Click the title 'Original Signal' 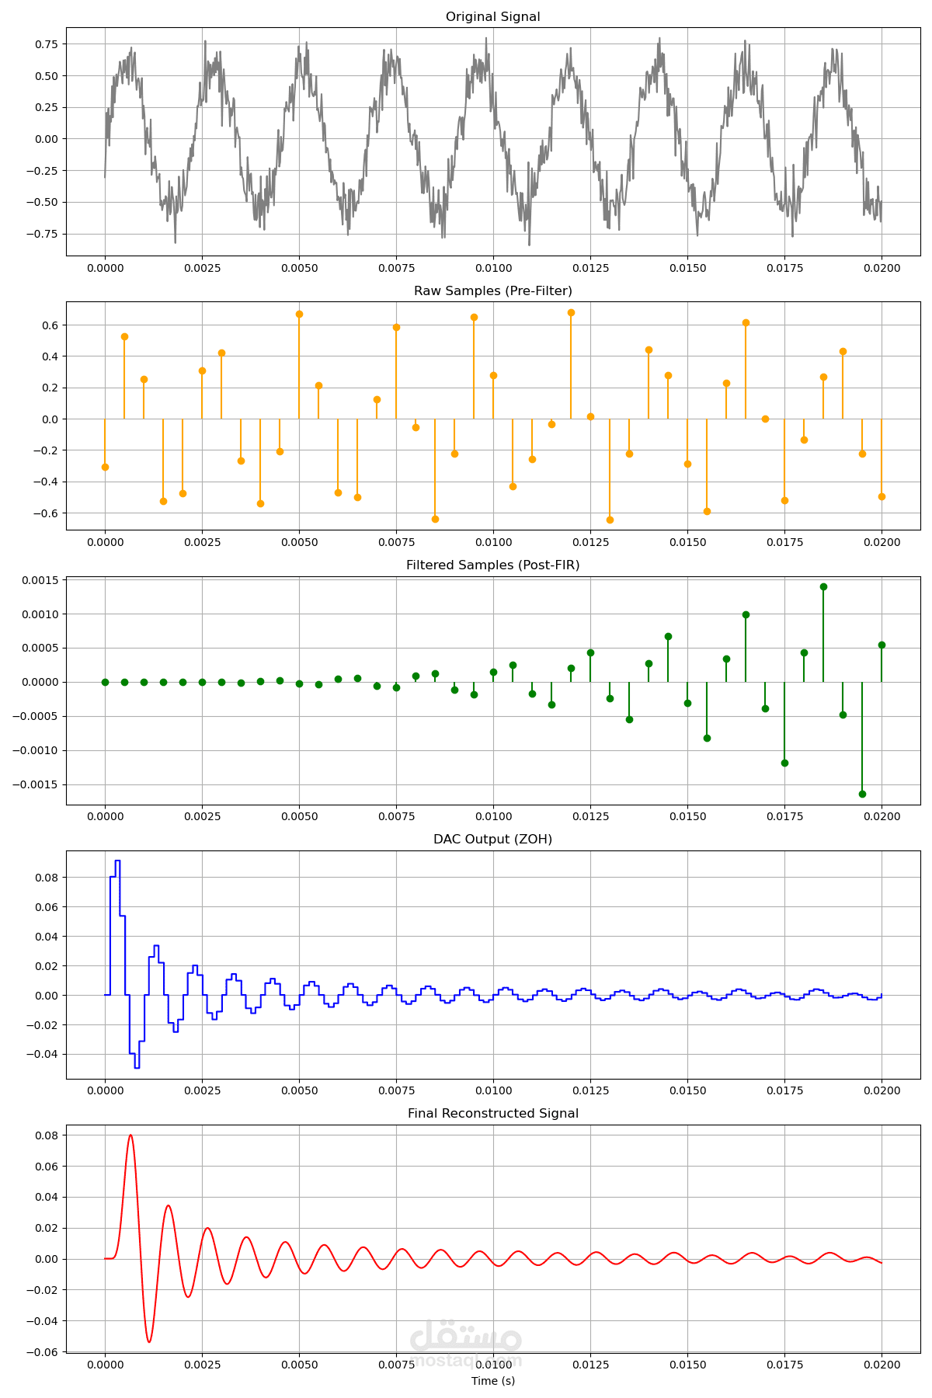[x=492, y=17]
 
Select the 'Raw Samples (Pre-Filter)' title [x=492, y=291]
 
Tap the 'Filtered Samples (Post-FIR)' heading [x=492, y=565]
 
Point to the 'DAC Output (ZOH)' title [x=492, y=840]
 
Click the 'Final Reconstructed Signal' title [x=492, y=1114]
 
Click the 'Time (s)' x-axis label [x=492, y=1381]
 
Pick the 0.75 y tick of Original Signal [x=46, y=44]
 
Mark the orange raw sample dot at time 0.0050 [x=299, y=314]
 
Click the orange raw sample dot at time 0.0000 [x=105, y=467]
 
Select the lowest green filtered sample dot [x=862, y=794]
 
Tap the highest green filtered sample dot [x=823, y=586]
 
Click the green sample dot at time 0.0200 [x=882, y=645]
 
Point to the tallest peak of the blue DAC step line [x=117, y=861]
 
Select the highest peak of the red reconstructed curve [x=130, y=1135]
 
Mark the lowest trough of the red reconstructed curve [x=149, y=1342]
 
